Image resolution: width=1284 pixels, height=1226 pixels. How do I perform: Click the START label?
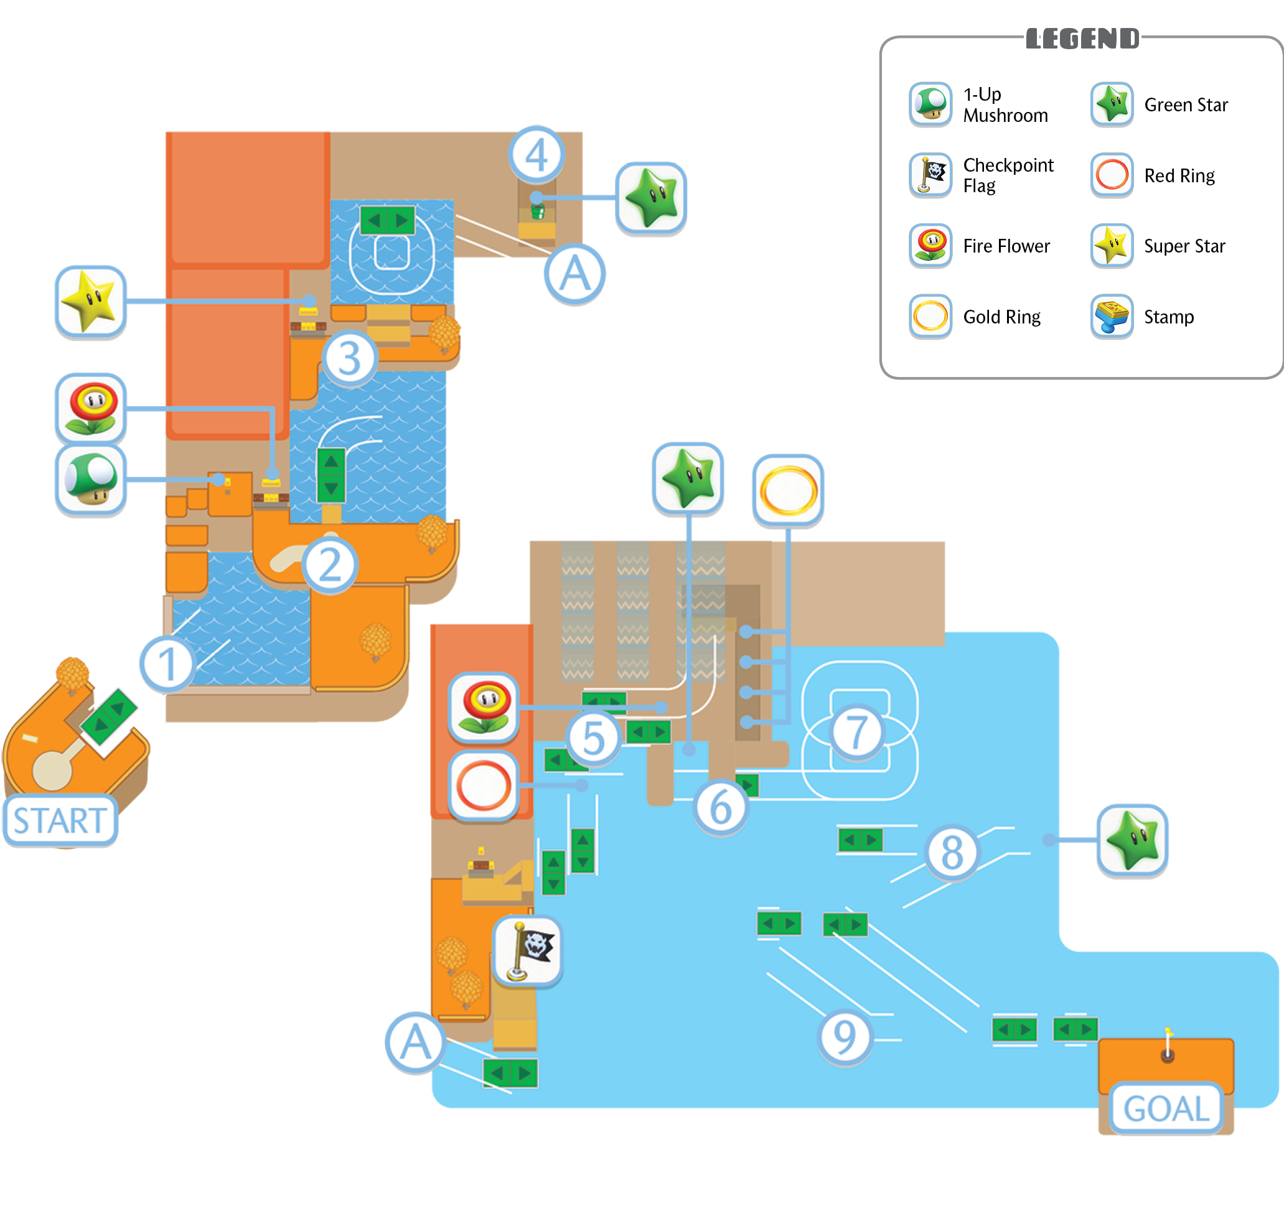coord(60,820)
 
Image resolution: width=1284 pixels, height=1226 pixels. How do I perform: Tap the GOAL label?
coord(1166,1109)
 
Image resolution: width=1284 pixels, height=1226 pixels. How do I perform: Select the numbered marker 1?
coord(167,663)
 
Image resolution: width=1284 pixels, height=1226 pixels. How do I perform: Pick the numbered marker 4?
coord(536,154)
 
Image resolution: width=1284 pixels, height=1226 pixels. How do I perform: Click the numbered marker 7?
coord(856,731)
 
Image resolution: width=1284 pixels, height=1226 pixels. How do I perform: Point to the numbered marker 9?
coord(845,1038)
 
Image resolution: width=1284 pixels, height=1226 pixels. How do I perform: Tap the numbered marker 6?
coord(721,808)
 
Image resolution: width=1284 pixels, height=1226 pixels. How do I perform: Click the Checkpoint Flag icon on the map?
coord(528,951)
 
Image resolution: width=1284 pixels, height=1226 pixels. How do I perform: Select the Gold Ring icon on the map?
coord(788,491)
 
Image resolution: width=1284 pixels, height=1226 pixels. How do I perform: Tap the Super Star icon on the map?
coord(90,302)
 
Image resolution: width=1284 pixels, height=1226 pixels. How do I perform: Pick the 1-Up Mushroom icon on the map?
coord(90,480)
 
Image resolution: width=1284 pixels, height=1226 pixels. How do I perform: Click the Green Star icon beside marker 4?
coord(651,198)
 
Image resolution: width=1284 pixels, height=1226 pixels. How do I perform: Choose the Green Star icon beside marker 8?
coord(1132,840)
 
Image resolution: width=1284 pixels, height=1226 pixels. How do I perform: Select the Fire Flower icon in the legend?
coord(930,246)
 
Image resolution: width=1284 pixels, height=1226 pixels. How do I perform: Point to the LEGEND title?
coord(1082,39)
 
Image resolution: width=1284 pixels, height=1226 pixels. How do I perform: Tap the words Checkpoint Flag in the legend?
coord(1008,175)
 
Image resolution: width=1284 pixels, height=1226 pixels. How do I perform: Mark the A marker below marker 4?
coord(574,274)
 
